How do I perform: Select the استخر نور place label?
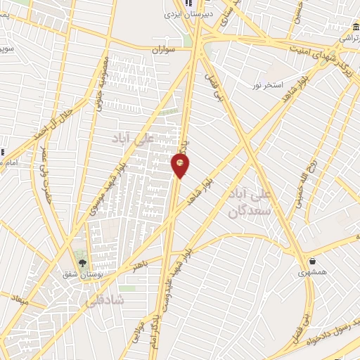(267, 85)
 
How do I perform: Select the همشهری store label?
(311, 273)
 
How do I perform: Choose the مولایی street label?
(138, 330)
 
